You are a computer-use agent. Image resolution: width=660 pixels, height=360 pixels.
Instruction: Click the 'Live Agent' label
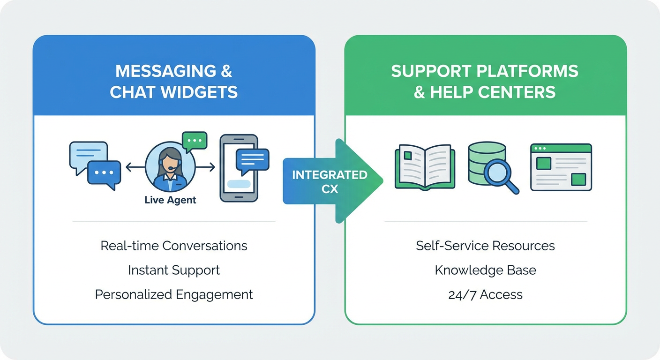[170, 200]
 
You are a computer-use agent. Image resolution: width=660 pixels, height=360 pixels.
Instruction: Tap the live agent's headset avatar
[170, 167]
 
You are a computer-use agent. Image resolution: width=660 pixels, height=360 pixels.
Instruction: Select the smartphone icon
[239, 168]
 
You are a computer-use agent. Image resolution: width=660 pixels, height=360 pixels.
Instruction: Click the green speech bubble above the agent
[194, 141]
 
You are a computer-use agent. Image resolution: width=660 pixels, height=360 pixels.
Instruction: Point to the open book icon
[425, 166]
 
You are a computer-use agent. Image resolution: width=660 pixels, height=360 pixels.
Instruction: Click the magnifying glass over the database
[499, 174]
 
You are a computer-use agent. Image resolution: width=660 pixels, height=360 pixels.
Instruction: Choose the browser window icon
[561, 167]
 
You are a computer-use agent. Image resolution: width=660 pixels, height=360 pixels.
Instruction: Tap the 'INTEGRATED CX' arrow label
[330, 181]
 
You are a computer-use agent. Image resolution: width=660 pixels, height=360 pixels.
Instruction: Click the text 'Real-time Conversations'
[174, 246]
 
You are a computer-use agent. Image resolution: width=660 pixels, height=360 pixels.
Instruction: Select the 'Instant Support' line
[174, 270]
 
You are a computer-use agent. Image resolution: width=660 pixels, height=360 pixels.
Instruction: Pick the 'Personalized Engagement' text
[174, 294]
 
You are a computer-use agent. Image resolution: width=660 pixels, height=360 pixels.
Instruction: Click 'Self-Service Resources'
[485, 246]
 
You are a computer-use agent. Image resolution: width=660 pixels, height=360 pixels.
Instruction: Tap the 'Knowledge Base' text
[485, 270]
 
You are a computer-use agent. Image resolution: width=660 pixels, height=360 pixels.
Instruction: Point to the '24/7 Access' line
[485, 294]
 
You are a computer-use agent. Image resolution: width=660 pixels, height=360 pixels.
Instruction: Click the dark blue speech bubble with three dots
[104, 173]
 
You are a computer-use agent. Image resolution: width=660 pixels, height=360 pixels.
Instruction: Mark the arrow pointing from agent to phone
[205, 166]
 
